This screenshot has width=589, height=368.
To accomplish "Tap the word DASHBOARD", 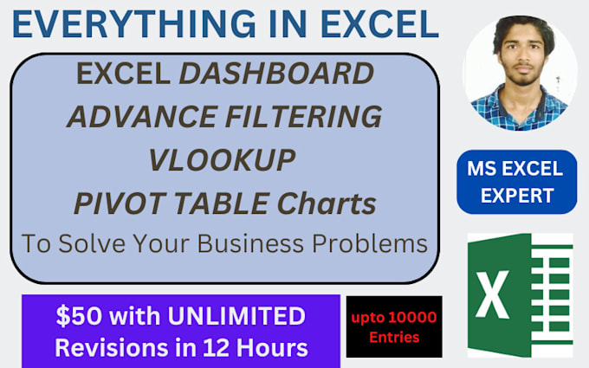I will [x=276, y=75].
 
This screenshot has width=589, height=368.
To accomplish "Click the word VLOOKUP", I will [x=223, y=160].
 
